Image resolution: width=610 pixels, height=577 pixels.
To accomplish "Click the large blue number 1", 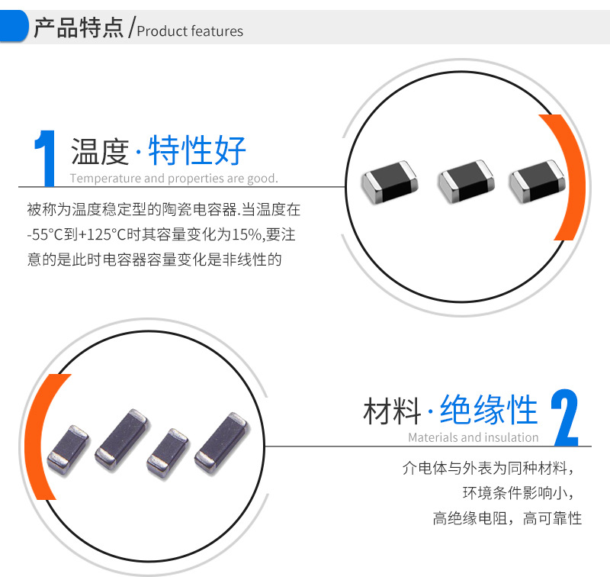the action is [x=46, y=159].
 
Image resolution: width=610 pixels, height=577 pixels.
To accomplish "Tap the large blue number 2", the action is [x=565, y=417].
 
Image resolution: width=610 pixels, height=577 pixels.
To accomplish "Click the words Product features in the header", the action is [x=190, y=31].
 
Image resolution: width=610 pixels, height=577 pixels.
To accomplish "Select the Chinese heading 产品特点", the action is [x=79, y=27].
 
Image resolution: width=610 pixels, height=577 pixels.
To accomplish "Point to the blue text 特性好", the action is [x=197, y=150].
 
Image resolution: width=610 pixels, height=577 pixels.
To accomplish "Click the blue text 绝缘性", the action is [x=489, y=409].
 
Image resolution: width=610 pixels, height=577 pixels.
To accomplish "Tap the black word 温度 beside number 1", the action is [x=100, y=151].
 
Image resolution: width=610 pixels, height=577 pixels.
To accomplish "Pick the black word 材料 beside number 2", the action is [x=392, y=411].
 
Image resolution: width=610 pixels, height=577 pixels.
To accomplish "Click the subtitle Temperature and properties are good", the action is [x=174, y=179].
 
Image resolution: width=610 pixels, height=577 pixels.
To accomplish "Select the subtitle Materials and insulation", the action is [x=473, y=437].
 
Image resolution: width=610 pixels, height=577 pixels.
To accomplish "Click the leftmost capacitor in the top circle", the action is [x=390, y=182].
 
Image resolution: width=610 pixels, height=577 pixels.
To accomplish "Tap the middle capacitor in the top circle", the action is [x=466, y=181].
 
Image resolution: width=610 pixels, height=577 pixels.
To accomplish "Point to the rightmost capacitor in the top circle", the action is [x=537, y=181].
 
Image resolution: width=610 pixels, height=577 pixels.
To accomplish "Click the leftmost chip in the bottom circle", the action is [x=68, y=450].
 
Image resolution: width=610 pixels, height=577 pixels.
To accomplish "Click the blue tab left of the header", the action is [x=14, y=26].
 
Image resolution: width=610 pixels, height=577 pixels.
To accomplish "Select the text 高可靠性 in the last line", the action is [x=552, y=518].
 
